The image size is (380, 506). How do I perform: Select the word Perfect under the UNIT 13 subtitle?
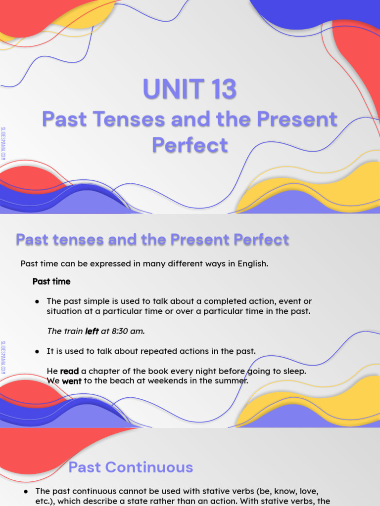pyautogui.click(x=190, y=145)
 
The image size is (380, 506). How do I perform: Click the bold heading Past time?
pyautogui.click(x=51, y=282)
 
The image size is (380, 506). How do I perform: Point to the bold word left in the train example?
pyautogui.click(x=92, y=332)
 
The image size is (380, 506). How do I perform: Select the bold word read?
pyautogui.click(x=69, y=371)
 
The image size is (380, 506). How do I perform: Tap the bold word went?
pyautogui.click(x=71, y=381)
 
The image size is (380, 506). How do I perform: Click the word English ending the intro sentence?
pyautogui.click(x=252, y=263)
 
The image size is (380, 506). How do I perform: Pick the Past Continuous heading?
pyautogui.click(x=131, y=467)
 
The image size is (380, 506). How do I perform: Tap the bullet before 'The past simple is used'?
pyautogui.click(x=37, y=301)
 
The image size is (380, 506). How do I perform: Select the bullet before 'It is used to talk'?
pyautogui.click(x=37, y=351)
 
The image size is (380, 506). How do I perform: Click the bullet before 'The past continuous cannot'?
pyautogui.click(x=26, y=491)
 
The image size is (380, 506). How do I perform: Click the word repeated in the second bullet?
pyautogui.click(x=158, y=351)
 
